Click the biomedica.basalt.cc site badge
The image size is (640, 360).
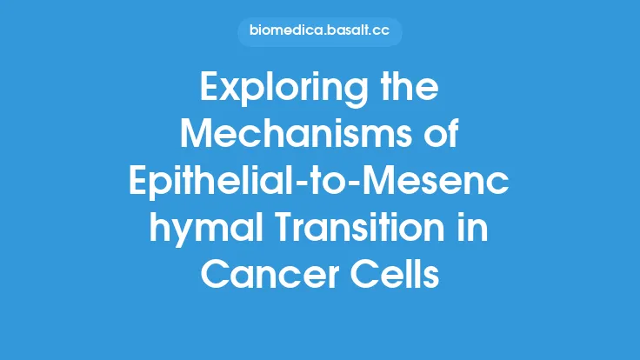319,33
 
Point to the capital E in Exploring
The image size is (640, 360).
210,88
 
